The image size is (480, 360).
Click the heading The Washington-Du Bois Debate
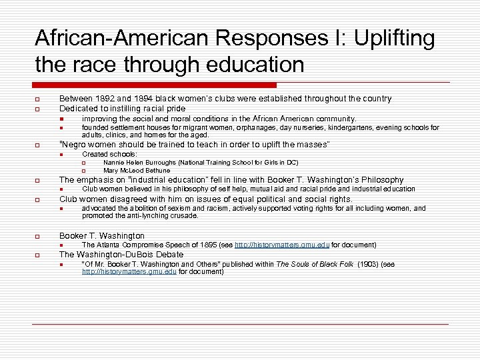(121, 254)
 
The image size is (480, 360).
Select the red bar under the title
(155, 85)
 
